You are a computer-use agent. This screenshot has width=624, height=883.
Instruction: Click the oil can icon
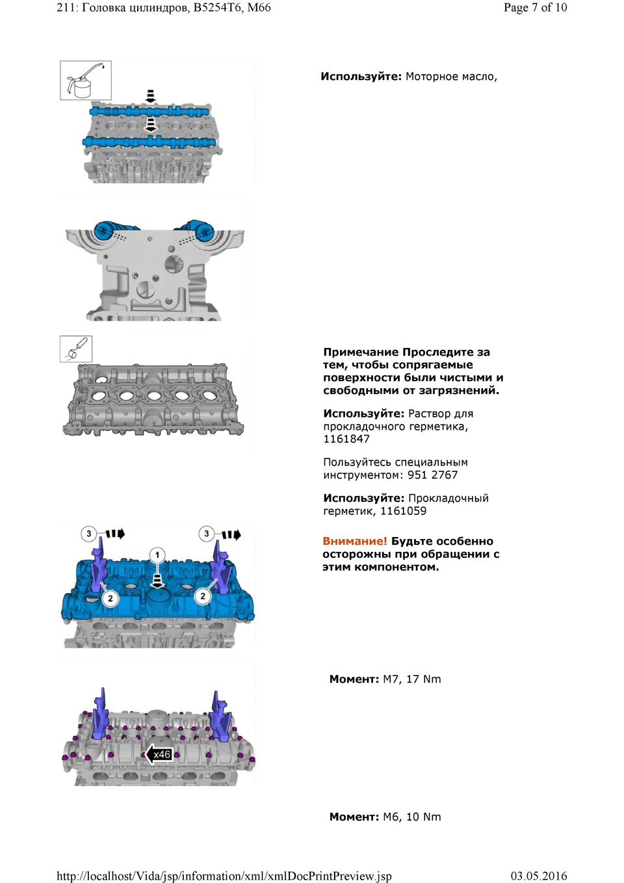(86, 81)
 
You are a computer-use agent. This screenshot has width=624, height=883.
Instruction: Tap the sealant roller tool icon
(76, 349)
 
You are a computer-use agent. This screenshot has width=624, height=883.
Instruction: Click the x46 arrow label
(159, 754)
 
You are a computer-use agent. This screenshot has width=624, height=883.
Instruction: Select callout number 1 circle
(157, 555)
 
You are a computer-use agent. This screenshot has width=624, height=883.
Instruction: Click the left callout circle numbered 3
(88, 534)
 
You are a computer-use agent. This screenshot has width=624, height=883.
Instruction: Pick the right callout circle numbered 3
(206, 534)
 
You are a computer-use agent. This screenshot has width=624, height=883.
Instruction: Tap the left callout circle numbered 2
(110, 598)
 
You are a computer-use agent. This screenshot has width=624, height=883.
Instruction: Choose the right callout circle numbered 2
(203, 596)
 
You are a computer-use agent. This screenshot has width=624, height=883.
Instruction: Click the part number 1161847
(346, 439)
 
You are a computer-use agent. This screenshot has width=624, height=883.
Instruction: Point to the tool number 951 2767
(432, 475)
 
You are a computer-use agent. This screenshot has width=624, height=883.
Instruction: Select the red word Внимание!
(354, 541)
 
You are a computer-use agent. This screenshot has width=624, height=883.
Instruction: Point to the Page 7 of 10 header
(535, 8)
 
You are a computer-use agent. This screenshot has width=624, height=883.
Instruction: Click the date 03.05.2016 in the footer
(538, 876)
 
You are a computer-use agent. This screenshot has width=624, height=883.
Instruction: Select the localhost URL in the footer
(224, 876)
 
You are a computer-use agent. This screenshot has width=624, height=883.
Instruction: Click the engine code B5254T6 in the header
(216, 8)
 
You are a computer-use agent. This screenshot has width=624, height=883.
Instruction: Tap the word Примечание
(361, 352)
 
